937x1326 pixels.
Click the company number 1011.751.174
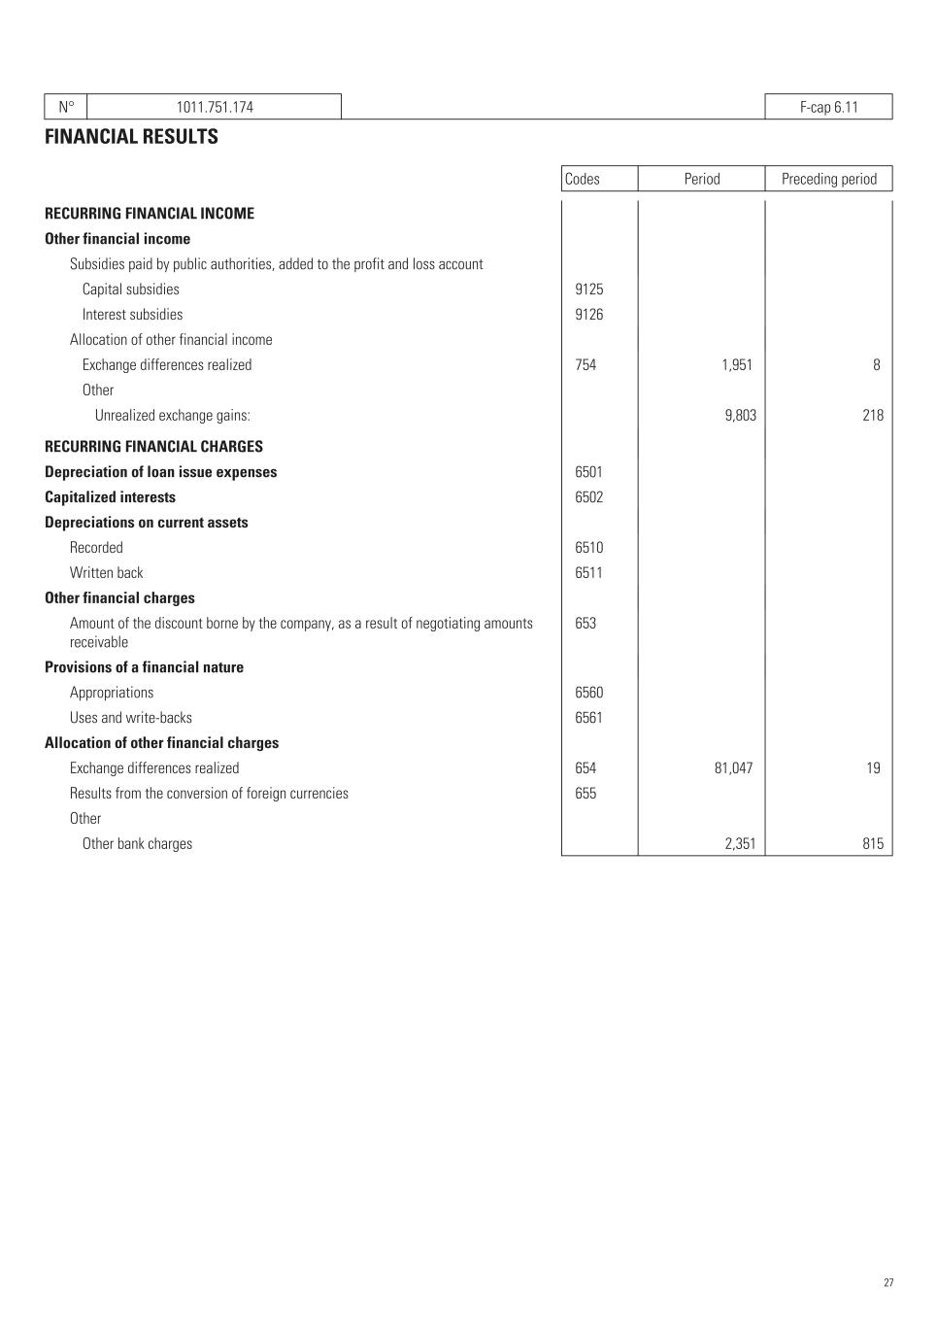(215, 107)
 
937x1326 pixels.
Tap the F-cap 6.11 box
(828, 107)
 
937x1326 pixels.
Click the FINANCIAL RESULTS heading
(131, 137)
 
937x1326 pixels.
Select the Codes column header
(583, 179)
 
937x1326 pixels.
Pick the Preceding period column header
(828, 179)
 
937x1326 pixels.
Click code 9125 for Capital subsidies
(588, 289)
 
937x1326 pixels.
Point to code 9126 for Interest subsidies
(588, 315)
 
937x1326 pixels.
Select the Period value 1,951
(737, 365)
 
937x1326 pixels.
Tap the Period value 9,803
(740, 416)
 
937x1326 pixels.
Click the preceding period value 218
(872, 416)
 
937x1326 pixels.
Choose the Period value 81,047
(733, 768)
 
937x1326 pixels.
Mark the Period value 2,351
(740, 844)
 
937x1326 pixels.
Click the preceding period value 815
(873, 844)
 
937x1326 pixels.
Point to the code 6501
(588, 472)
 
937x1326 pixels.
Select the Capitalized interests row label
(110, 497)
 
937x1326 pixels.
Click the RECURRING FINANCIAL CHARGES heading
(153, 447)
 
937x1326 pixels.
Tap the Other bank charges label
(137, 844)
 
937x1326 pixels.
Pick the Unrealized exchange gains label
(172, 416)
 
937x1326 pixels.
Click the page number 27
(888, 1283)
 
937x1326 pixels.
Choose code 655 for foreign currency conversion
(586, 794)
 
